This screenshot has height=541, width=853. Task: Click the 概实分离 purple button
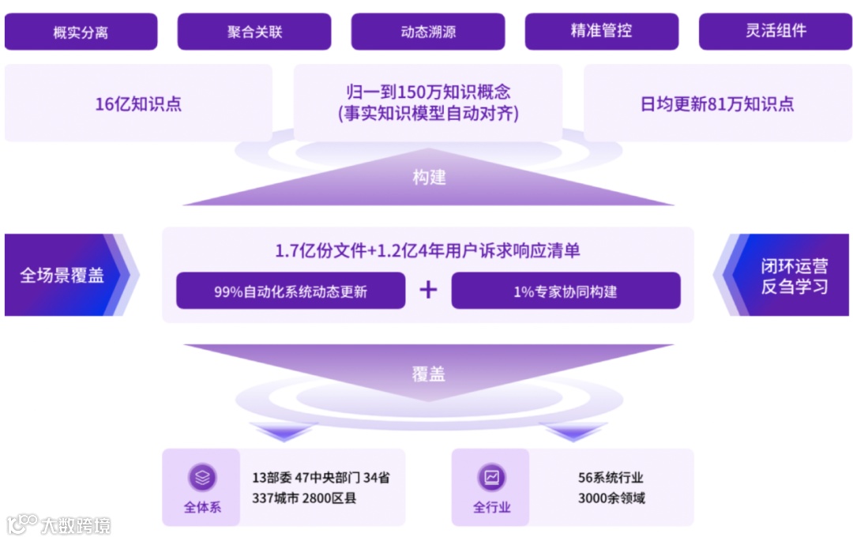pos(81,32)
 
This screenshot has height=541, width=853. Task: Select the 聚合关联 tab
pos(254,32)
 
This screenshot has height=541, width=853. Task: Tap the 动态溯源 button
pos(428,32)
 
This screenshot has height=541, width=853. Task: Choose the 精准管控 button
pos(602,32)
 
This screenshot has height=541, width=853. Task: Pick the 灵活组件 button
pos(776,32)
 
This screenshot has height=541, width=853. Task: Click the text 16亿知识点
pos(138,104)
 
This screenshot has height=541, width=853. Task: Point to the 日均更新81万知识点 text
pos(717,104)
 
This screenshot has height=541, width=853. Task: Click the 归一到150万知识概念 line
pos(428,92)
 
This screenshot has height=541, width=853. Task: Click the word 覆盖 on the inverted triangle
pos(428,374)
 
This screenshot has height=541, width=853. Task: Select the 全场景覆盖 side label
pos(62,276)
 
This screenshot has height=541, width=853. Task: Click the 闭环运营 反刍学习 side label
pos(794,276)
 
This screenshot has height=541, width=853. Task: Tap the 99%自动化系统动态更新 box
pos(291,291)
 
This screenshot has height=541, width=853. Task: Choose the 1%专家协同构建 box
pos(566,291)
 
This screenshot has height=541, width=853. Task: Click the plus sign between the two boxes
pos(428,290)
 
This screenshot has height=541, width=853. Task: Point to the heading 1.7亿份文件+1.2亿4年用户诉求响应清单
pos(428,251)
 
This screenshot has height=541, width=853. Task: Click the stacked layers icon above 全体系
pos(202,477)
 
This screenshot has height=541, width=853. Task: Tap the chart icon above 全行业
pos(491,477)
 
